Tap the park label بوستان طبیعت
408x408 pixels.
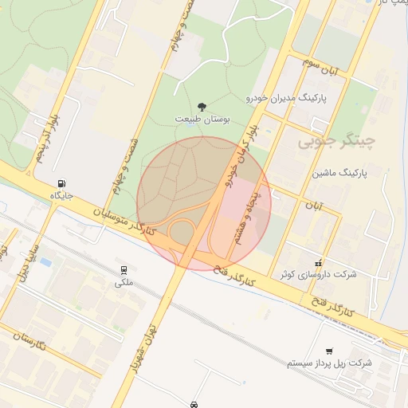(x=202, y=120)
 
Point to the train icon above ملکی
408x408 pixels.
(x=124, y=270)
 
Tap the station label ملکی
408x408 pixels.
(x=124, y=282)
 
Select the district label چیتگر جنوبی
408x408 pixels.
(x=335, y=143)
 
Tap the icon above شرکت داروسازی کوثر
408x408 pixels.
(x=319, y=263)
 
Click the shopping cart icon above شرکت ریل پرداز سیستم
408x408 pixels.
(x=329, y=351)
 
